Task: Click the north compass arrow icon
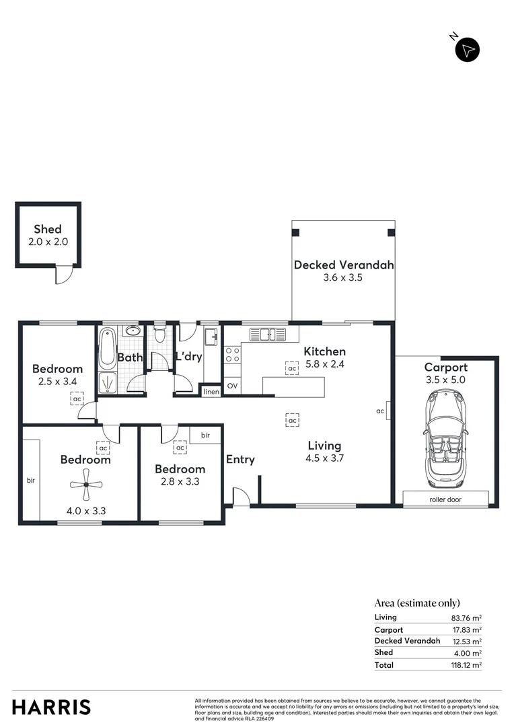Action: (x=468, y=50)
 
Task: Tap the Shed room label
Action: (x=48, y=230)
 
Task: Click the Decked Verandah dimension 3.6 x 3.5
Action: (x=343, y=277)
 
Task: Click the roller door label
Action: (x=445, y=499)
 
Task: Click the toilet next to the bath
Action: (x=159, y=334)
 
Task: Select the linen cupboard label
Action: (x=211, y=391)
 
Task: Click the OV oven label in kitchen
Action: (x=232, y=386)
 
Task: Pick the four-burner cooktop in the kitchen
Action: (x=233, y=355)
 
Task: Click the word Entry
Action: (x=240, y=460)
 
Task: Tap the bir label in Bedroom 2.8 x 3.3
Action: (x=205, y=436)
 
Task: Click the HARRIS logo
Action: (x=51, y=707)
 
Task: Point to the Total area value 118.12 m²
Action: (x=466, y=665)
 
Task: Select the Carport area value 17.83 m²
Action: (x=466, y=629)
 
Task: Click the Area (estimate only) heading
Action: (x=416, y=603)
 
